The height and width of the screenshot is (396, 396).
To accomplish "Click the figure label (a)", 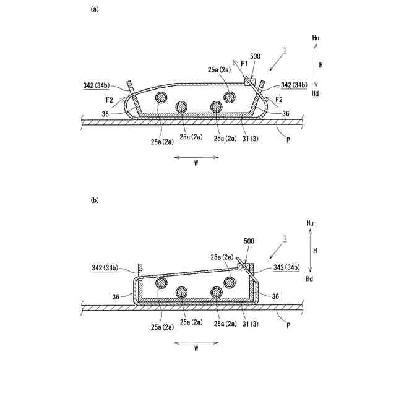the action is click(x=95, y=9).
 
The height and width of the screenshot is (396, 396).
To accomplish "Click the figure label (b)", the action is click(x=95, y=200).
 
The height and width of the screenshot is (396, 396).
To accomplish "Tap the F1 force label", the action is click(x=244, y=63).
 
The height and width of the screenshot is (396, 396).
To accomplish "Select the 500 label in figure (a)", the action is click(x=255, y=56).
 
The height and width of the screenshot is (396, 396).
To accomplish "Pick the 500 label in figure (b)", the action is click(x=249, y=241).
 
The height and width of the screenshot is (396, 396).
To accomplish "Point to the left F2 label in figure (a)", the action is click(x=109, y=99).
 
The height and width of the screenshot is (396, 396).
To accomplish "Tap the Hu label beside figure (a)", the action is click(x=316, y=38).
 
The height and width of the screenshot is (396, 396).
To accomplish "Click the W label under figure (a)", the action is click(x=196, y=164).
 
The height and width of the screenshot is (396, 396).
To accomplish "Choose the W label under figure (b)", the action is click(x=196, y=349).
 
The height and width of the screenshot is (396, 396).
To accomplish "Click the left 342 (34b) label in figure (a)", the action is click(x=98, y=85).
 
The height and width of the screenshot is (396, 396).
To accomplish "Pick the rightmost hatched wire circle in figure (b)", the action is click(x=230, y=282).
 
